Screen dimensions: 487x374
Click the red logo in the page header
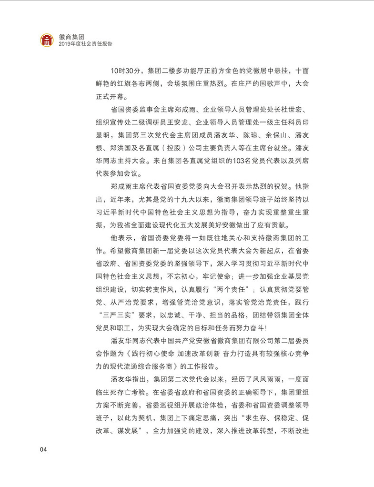point(47,40)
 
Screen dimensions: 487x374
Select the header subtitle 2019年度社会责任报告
point(86,44)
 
